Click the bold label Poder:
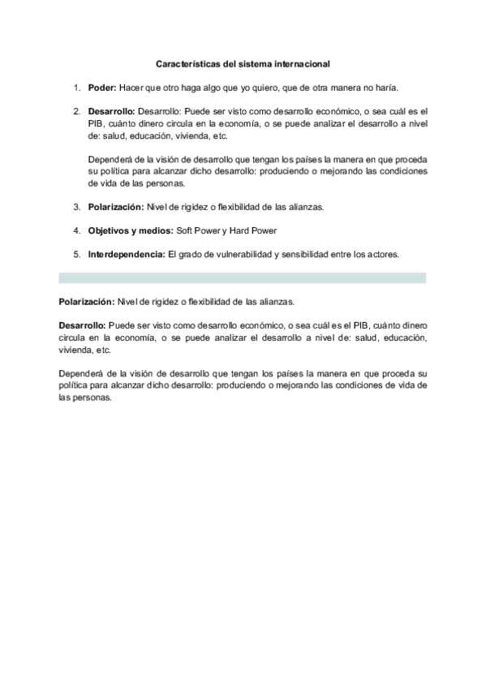[x=102, y=87]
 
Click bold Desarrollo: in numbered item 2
[x=113, y=111]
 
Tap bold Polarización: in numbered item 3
[x=116, y=207]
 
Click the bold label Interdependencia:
[x=126, y=255]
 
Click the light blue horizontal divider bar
[x=242, y=277]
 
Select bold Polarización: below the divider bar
[x=86, y=302]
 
